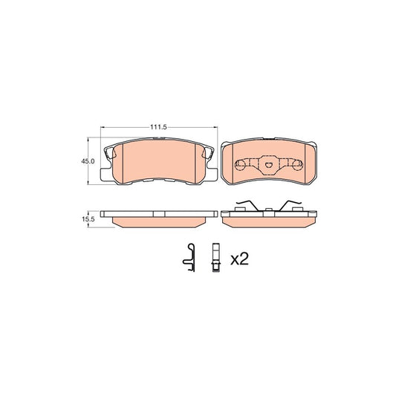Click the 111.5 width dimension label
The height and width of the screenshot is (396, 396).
click(x=158, y=127)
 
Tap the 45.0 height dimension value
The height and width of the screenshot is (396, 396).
click(x=88, y=161)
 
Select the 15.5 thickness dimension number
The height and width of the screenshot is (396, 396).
click(x=88, y=219)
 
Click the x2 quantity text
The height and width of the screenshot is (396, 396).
click(x=239, y=259)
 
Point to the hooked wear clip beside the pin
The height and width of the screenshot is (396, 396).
click(x=189, y=258)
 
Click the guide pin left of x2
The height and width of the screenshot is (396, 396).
click(x=216, y=257)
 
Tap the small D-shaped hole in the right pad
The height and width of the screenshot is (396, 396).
click(x=268, y=165)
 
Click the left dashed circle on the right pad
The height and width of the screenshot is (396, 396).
click(x=240, y=165)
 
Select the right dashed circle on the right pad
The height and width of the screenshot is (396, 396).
click(x=297, y=165)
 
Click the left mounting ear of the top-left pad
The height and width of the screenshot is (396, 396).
click(x=106, y=175)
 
